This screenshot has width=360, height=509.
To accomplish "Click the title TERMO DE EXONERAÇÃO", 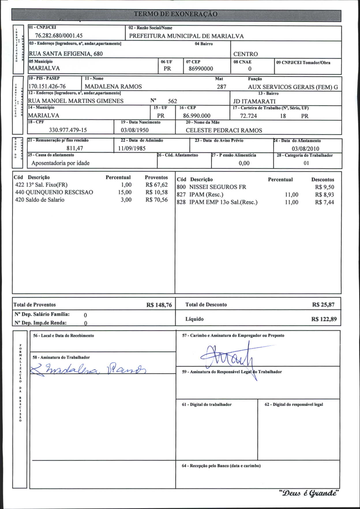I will click(x=176, y=14).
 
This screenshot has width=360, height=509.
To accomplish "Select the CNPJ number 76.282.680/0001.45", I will click(x=59, y=36).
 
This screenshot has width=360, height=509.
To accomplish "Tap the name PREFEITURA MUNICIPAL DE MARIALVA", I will click(x=186, y=36).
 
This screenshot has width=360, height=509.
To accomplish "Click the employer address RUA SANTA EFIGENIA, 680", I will click(x=66, y=54).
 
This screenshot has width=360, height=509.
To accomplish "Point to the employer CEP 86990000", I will click(x=201, y=69).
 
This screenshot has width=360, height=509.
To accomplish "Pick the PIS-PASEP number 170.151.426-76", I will click(x=47, y=87).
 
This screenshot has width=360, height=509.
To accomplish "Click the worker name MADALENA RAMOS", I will click(x=113, y=87).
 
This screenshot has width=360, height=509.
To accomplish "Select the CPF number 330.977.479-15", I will click(x=68, y=130).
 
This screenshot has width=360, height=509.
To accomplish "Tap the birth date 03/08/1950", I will click(x=134, y=130).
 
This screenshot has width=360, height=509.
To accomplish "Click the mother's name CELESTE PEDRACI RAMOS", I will click(x=224, y=130).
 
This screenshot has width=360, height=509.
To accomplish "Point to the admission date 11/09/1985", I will click(x=132, y=149).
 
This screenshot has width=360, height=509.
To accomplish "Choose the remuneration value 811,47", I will click(x=75, y=149).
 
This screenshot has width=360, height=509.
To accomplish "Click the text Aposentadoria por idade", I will click(x=61, y=163).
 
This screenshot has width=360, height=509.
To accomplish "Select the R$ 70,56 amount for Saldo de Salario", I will click(x=156, y=200).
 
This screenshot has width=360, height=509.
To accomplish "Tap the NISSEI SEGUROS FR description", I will click(x=218, y=187).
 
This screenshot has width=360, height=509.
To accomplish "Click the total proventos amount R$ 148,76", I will click(x=159, y=305).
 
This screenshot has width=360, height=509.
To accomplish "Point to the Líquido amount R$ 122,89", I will click(x=324, y=319).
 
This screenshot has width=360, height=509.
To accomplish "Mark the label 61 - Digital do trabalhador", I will click(x=207, y=405).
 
